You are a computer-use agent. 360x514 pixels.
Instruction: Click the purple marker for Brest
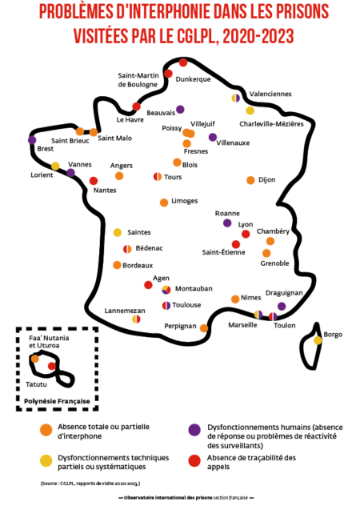(32, 140)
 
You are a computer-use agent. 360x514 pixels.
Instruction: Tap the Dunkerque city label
(193, 79)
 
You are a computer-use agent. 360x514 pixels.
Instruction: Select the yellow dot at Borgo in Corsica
(318, 340)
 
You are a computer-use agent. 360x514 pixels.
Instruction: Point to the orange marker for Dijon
(250, 180)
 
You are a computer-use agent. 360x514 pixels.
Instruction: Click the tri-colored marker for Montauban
(166, 290)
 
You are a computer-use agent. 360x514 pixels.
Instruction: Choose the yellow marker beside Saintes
(118, 232)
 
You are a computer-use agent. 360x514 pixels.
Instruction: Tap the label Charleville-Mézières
(271, 124)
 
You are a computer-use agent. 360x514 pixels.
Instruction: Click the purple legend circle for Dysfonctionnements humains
(194, 430)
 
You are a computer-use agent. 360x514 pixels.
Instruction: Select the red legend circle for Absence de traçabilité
(194, 460)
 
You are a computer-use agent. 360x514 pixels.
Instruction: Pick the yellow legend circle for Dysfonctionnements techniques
(46, 460)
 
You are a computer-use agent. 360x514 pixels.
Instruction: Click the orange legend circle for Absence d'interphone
(46, 430)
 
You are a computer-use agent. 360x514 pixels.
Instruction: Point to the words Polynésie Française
(57, 401)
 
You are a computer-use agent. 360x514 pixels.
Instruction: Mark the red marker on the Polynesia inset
(51, 366)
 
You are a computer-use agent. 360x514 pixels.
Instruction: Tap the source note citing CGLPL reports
(90, 484)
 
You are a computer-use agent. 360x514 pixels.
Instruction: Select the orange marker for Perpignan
(204, 328)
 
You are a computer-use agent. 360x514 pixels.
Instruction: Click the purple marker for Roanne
(227, 223)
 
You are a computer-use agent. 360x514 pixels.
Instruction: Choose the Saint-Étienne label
(223, 252)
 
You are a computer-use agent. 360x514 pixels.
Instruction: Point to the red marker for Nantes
(94, 181)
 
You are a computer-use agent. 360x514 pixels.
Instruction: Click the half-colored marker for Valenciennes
(235, 98)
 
